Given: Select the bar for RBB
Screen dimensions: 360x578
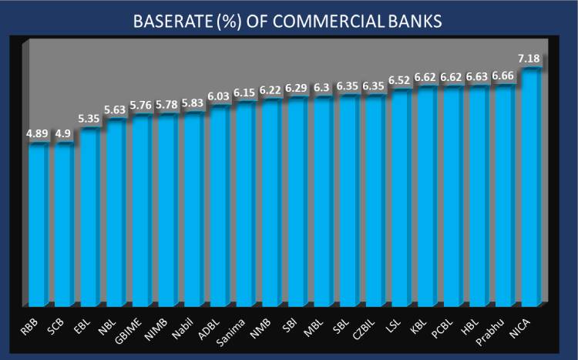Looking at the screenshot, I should tap(39, 224).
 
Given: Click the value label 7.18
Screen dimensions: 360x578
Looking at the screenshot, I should tap(533, 59).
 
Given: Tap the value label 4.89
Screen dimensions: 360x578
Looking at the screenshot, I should tap(38, 133).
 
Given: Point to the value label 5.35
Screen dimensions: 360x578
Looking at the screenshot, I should tap(90, 119).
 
